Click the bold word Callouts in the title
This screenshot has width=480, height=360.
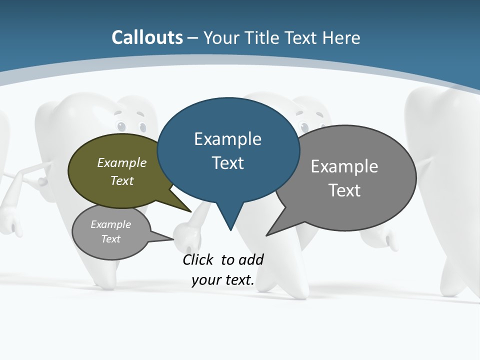pos(147,37)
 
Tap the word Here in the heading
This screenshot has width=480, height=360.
pos(341,37)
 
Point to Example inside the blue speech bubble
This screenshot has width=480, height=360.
pos(227,139)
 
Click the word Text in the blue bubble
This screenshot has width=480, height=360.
pos(227,163)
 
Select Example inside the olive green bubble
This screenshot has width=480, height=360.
pos(122,162)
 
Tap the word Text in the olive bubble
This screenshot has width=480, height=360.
pos(122,180)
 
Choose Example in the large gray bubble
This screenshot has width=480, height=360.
pos(344,166)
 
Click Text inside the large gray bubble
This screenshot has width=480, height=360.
pos(344,190)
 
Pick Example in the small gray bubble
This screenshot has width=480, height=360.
pos(111,224)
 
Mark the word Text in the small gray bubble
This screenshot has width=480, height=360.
pos(111,238)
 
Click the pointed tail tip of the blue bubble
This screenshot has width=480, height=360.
pos(230,230)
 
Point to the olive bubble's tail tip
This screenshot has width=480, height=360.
pos(190,211)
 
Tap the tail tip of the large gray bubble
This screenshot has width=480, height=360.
pos(266,235)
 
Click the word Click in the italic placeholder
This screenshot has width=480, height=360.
pos(199,259)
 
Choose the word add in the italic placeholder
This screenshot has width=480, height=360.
pos(251,259)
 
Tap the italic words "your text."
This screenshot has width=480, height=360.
pos(223,279)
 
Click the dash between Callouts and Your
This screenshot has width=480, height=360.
pos(193,38)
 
